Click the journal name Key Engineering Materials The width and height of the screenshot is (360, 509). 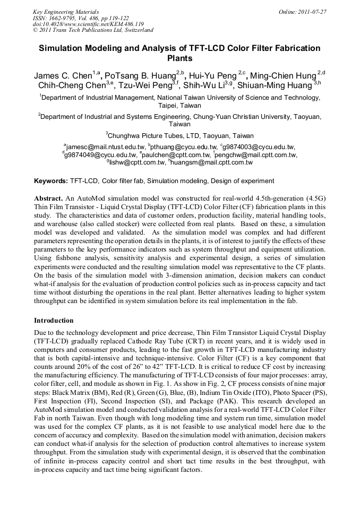pyautogui.click(x=65, y=11)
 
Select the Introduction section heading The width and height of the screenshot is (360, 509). pyautogui.click(x=54, y=321)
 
